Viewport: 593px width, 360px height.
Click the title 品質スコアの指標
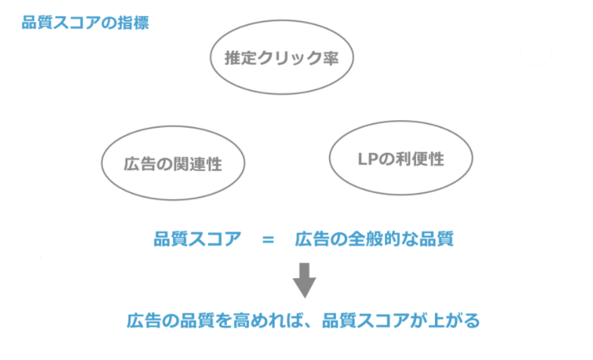[x=85, y=23]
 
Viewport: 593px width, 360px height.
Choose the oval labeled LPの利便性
[x=401, y=160]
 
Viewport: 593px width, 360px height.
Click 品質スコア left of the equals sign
[x=191, y=240]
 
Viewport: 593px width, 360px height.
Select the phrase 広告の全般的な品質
[x=374, y=240]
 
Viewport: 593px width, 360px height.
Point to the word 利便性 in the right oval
[x=421, y=160]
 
